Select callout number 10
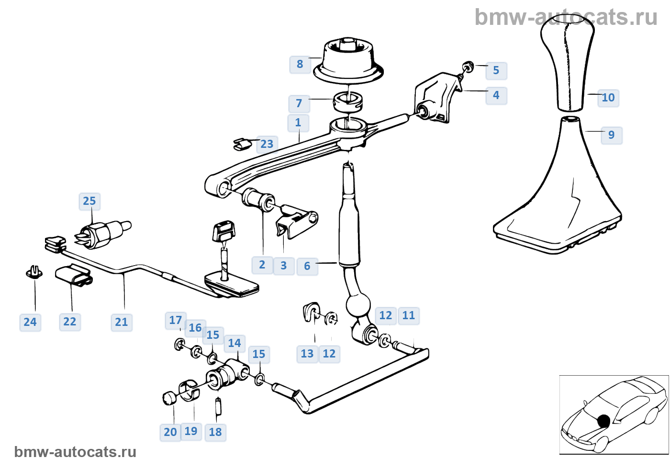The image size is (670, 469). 608,98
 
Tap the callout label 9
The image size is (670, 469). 611,135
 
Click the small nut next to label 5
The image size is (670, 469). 469,66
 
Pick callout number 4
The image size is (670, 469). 496,95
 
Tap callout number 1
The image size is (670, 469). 298,123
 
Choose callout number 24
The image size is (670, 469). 30,322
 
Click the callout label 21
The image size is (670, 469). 122,322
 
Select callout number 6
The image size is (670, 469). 307,266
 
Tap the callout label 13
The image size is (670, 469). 307,354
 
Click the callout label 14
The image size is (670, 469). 234,343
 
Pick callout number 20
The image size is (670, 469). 170,432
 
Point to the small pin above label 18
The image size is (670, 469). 218,406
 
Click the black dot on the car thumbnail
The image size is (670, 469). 603,421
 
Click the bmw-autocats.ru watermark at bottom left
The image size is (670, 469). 75,452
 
